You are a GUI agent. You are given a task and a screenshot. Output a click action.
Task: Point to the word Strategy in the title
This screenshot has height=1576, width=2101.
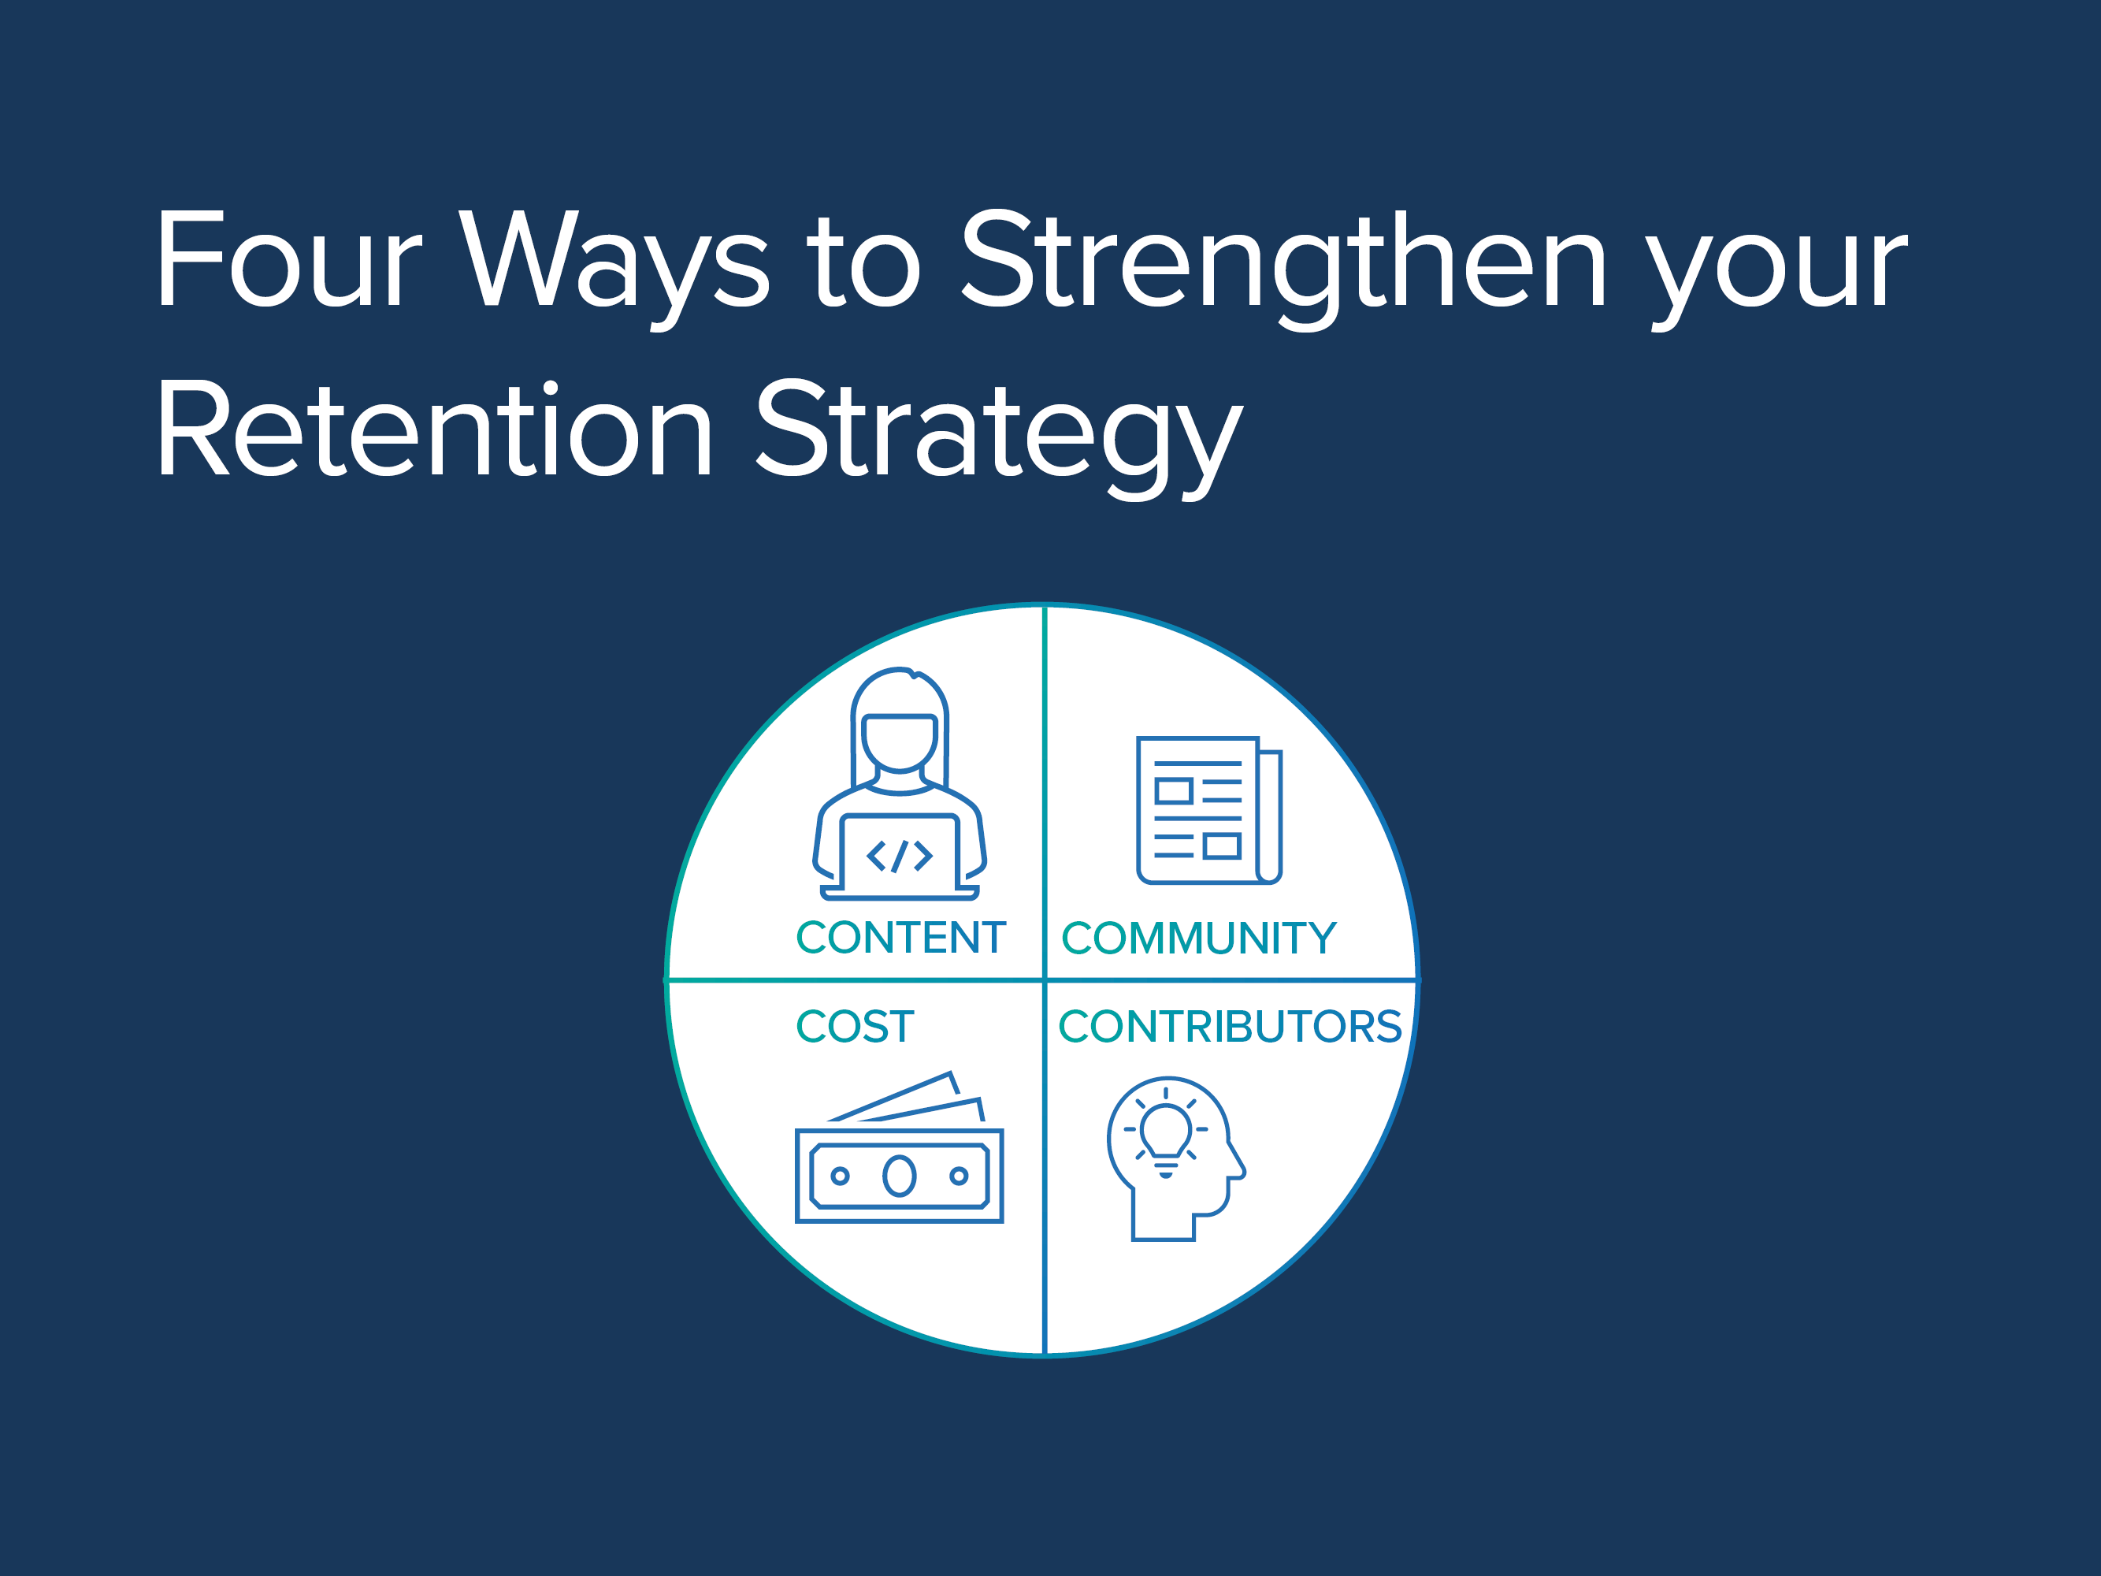coord(998,438)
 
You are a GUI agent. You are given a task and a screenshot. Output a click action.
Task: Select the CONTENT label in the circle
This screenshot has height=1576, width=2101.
coord(900,938)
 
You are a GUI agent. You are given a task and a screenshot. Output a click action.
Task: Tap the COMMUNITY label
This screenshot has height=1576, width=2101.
coord(1199,939)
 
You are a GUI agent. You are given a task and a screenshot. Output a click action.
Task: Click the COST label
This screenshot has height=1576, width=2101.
coord(855,1027)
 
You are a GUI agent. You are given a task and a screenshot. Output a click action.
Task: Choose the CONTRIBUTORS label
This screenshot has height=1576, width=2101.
coord(1230,1027)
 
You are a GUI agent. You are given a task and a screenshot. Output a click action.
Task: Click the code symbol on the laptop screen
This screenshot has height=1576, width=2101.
coord(900,856)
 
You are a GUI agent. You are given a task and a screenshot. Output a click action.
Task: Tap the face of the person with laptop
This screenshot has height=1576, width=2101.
coord(900,743)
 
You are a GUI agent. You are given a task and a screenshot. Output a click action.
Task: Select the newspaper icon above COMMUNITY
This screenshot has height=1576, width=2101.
coord(1209,810)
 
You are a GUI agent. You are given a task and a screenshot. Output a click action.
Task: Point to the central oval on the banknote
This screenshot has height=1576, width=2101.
coord(900,1176)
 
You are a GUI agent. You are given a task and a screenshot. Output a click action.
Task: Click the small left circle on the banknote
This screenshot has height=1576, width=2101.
coord(840,1176)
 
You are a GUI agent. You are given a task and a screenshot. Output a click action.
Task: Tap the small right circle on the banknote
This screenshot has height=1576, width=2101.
coord(960,1176)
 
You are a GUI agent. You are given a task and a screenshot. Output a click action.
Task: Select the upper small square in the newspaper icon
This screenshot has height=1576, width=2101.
coord(1174,790)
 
